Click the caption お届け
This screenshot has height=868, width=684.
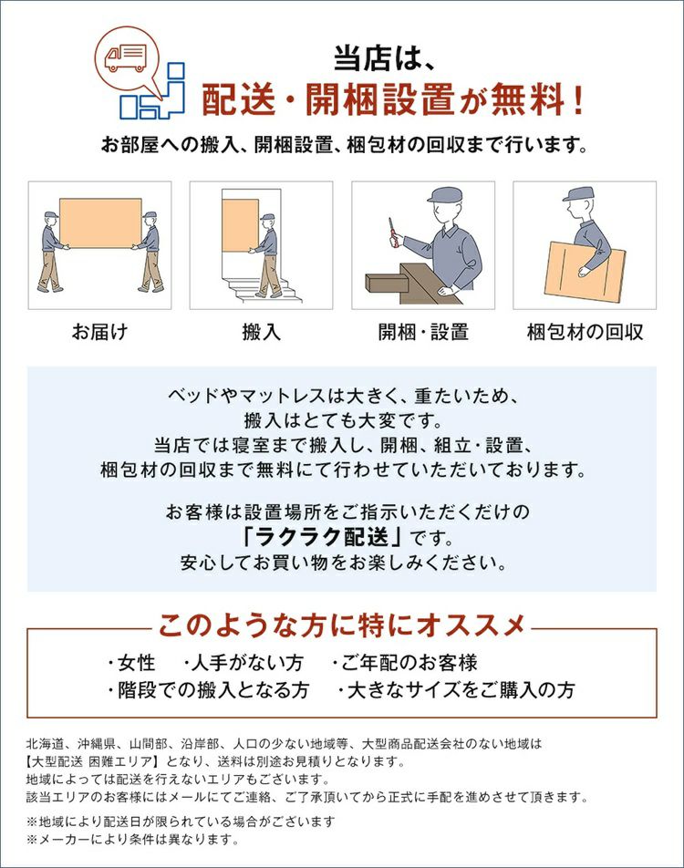coord(99,332)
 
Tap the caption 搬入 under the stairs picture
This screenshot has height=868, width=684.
coord(262,332)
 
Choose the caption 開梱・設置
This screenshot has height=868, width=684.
coord(423,332)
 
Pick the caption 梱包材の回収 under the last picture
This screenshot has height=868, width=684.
coord(585,332)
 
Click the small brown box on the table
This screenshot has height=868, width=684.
coord(387,282)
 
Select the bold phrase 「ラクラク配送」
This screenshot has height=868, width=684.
coord(321,536)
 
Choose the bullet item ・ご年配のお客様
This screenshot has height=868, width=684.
coord(405,662)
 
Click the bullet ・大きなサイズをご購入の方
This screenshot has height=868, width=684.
coord(456,689)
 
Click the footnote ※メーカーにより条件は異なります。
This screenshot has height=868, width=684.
coord(133,839)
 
